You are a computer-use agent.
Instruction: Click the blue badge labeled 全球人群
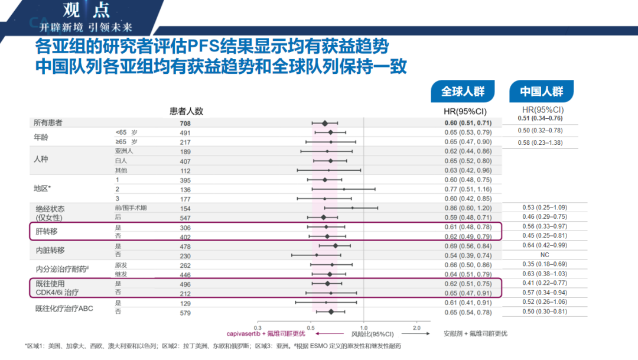click(463, 92)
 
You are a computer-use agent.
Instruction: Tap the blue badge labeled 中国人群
click(542, 92)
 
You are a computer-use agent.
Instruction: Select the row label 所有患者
click(48, 123)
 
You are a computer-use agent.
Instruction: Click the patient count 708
click(185, 124)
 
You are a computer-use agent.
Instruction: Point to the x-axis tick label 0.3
click(258, 327)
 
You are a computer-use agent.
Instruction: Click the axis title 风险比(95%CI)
click(372, 333)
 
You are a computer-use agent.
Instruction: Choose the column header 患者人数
click(186, 111)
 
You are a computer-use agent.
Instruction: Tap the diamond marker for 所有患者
click(324, 123)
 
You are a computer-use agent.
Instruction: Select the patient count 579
click(185, 312)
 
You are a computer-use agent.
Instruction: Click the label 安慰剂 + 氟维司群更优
click(475, 333)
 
